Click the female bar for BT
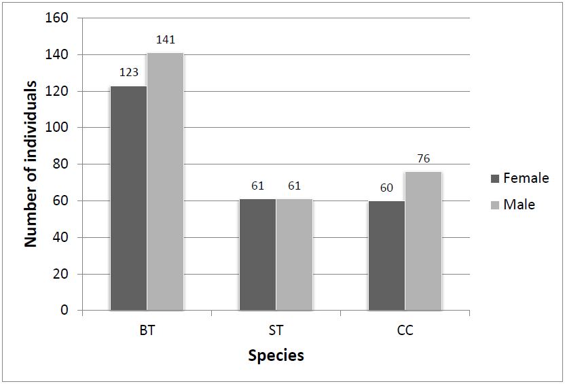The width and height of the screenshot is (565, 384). [128, 198]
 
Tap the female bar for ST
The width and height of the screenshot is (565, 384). [257, 254]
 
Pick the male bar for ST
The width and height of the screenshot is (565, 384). [294, 254]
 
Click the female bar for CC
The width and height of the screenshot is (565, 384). [386, 256]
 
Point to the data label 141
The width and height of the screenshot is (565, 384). [166, 40]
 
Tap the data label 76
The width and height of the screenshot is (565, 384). [423, 159]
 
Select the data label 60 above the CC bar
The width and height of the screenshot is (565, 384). [386, 188]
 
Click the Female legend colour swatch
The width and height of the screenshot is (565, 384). [494, 179]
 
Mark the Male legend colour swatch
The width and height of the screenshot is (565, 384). [494, 205]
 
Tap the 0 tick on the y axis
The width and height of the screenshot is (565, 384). [65, 311]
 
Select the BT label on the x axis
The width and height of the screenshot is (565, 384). [147, 332]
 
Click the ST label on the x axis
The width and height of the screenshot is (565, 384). [276, 332]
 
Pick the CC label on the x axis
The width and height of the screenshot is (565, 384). [405, 332]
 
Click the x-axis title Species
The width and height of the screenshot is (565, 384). [276, 355]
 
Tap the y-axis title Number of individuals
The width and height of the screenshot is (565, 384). [31, 164]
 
